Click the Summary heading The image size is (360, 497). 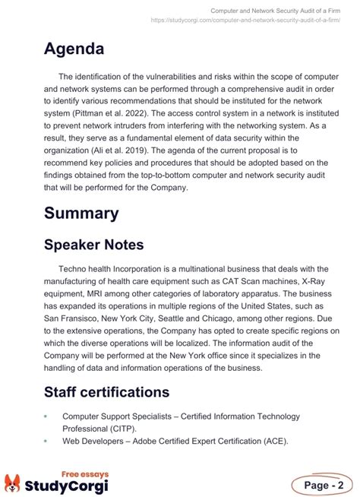[81, 213]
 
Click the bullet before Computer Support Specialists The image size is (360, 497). [46, 416]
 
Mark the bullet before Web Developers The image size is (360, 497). [46, 442]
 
